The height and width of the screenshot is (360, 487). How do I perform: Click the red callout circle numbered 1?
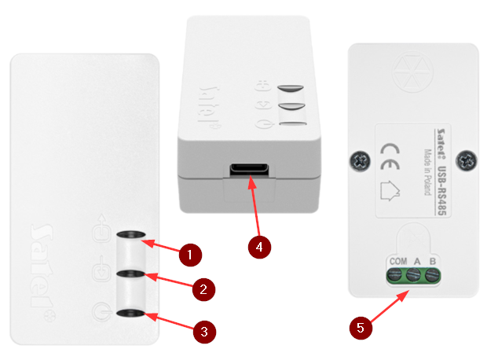[190, 255]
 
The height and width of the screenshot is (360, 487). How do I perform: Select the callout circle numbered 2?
[203, 289]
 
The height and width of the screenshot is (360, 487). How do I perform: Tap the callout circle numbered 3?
[204, 332]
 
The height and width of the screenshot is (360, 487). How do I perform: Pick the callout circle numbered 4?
[259, 247]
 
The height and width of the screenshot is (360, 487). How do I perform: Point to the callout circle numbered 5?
[361, 328]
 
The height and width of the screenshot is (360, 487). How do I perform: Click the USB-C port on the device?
[249, 170]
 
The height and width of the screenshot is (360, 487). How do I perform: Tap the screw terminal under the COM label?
[395, 275]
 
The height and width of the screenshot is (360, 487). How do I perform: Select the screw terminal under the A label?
[413, 275]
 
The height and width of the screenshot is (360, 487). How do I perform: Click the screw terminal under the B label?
[432, 275]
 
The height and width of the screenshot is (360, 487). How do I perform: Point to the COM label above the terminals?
[398, 261]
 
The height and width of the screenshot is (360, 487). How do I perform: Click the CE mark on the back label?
[390, 156]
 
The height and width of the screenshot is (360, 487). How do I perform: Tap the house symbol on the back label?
[390, 190]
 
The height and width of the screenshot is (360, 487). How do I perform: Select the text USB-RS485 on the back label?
[441, 190]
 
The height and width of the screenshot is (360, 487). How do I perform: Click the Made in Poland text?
[428, 172]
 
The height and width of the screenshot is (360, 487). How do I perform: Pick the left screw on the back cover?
[361, 161]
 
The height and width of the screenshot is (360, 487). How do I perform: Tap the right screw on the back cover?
[467, 160]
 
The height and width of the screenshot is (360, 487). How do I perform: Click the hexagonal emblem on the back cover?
[412, 72]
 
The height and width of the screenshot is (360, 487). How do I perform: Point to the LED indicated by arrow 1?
[130, 234]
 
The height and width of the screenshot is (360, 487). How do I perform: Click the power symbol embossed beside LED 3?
[101, 311]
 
